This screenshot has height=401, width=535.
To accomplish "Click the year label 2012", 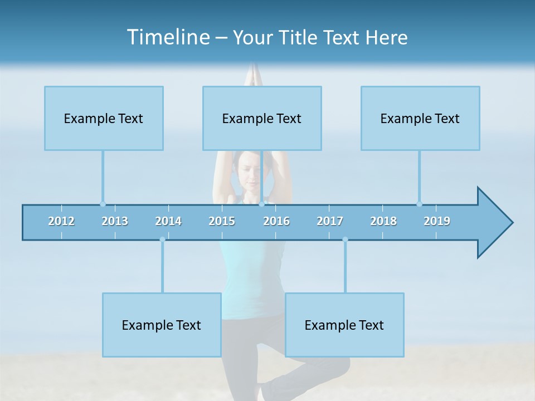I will pyautogui.click(x=61, y=221).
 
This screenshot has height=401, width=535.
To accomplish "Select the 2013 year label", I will pyautogui.click(x=115, y=221).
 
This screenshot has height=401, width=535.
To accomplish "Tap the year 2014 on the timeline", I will pyautogui.click(x=168, y=221).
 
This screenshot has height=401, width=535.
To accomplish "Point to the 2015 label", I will pyautogui.click(x=222, y=221).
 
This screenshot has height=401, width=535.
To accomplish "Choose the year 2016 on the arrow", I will pyautogui.click(x=276, y=221).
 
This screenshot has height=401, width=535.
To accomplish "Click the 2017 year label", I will pyautogui.click(x=330, y=221).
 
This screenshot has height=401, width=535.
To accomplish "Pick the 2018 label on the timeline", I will pyautogui.click(x=383, y=221).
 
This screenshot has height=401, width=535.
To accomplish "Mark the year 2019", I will pyautogui.click(x=437, y=221).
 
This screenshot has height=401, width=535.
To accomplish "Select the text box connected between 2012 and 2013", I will pyautogui.click(x=104, y=118).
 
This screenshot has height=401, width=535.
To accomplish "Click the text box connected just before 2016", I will pyautogui.click(x=262, y=118).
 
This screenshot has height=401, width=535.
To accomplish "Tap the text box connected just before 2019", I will pyautogui.click(x=420, y=118).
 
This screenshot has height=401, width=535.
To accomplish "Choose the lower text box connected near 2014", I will pyautogui.click(x=162, y=325).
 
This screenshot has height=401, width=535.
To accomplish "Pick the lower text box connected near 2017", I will pyautogui.click(x=344, y=325).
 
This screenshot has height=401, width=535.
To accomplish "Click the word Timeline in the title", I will pyautogui.click(x=167, y=37).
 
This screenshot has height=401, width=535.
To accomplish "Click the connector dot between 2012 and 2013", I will pyautogui.click(x=103, y=204).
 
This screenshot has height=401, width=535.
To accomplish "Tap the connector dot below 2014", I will pyautogui.click(x=162, y=239).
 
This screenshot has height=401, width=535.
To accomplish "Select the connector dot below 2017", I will pyautogui.click(x=345, y=239).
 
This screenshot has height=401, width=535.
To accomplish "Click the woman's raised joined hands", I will pyautogui.click(x=254, y=75).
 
